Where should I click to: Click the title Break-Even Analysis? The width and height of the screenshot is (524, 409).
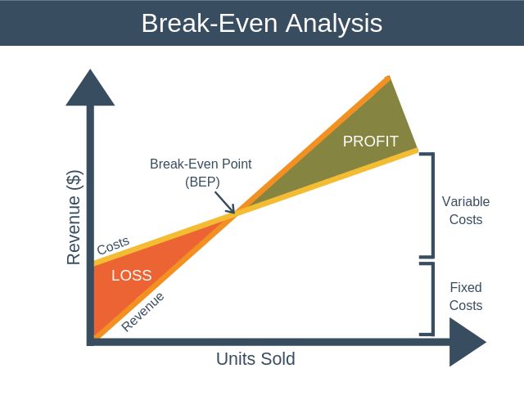[x=261, y=23]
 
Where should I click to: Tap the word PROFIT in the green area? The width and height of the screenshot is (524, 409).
[x=370, y=142]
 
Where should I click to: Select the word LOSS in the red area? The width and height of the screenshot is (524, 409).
[x=131, y=276]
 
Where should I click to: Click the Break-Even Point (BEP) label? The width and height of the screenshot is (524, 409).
[x=201, y=173]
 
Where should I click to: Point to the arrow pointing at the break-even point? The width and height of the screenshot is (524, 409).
[x=225, y=203]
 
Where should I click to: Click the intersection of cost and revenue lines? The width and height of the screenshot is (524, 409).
[x=237, y=214]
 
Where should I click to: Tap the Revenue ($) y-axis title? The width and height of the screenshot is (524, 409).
[x=75, y=216]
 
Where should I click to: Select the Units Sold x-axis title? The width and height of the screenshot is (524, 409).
[x=255, y=359]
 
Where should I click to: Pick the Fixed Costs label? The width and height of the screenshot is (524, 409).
[x=466, y=297]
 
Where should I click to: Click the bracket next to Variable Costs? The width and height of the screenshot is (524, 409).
[x=428, y=204]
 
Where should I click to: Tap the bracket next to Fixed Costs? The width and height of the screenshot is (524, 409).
[x=428, y=299]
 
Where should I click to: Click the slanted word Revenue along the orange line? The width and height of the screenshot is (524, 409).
[x=142, y=312]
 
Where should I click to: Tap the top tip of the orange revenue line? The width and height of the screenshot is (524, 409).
[x=388, y=77]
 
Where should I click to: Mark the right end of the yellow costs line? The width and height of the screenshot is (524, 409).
[x=416, y=151]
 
